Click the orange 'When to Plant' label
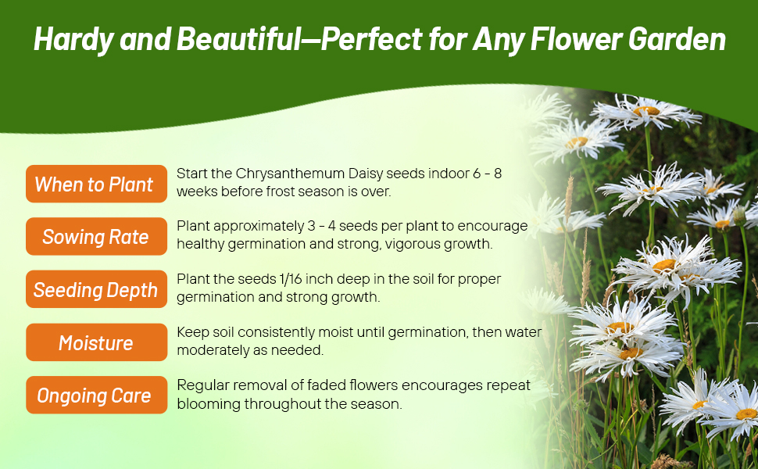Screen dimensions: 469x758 pos(96,184)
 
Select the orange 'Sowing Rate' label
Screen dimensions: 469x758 pos(96,237)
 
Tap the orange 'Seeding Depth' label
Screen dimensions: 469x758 pos(96,290)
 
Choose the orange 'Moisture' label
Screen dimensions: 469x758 pos(96,343)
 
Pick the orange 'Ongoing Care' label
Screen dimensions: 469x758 pos(96,396)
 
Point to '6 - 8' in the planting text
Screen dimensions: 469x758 pos(484,174)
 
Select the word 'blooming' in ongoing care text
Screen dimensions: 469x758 pos(204,403)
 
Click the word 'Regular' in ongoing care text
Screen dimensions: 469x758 pos(201,385)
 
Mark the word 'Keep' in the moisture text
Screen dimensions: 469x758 pos(191,332)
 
